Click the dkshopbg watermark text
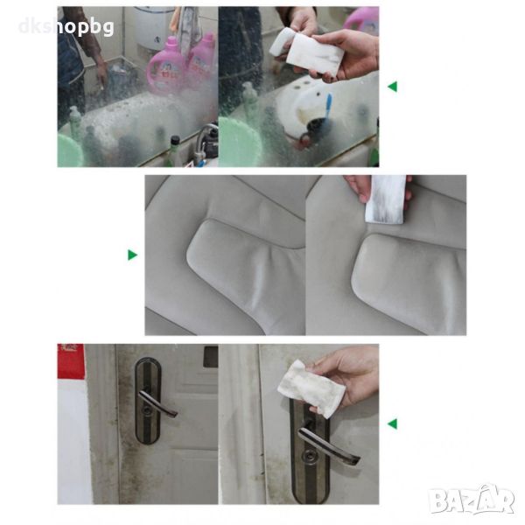[x=66, y=27]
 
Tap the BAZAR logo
[x=472, y=500]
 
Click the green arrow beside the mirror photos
[x=392, y=87]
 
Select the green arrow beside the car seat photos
[x=133, y=255]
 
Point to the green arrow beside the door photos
[x=392, y=423]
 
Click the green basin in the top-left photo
[x=69, y=150]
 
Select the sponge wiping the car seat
[x=385, y=199]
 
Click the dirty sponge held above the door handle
[x=311, y=388]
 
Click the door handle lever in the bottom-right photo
[x=328, y=444]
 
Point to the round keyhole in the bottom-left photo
[x=146, y=409]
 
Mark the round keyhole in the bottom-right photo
[x=307, y=456]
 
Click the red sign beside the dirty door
[x=71, y=361]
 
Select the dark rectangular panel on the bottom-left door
[x=211, y=356]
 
